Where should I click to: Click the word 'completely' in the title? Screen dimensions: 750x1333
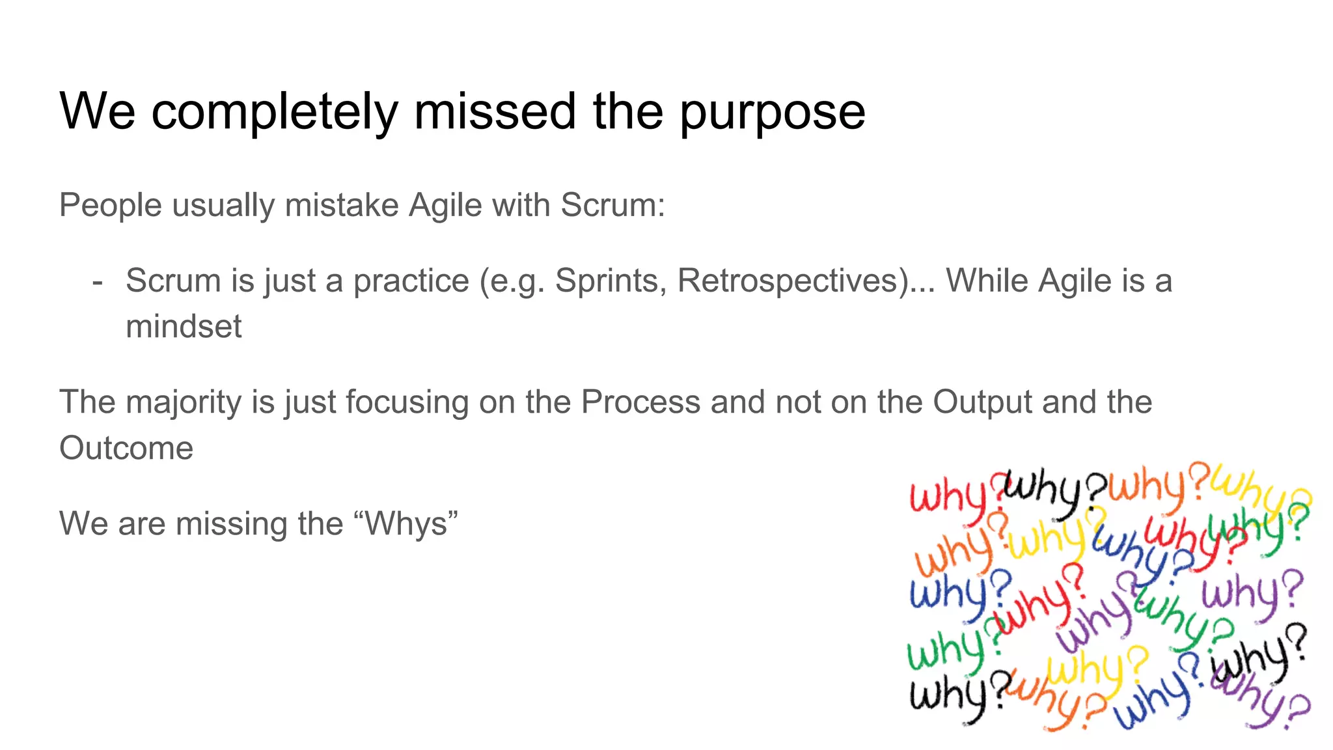[x=274, y=112]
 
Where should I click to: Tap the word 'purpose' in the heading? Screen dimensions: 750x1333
[x=773, y=112]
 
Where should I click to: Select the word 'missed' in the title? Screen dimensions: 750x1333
[x=495, y=111]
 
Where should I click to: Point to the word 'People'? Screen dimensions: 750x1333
[x=110, y=205]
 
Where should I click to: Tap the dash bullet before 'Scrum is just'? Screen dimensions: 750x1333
[x=98, y=281]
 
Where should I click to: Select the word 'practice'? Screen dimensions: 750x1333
[x=411, y=281]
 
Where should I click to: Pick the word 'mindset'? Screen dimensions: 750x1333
[x=184, y=326]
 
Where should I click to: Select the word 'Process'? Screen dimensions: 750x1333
[x=640, y=402]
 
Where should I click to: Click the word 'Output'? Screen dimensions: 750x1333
[x=982, y=402]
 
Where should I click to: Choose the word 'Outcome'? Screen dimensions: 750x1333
[x=126, y=449]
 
